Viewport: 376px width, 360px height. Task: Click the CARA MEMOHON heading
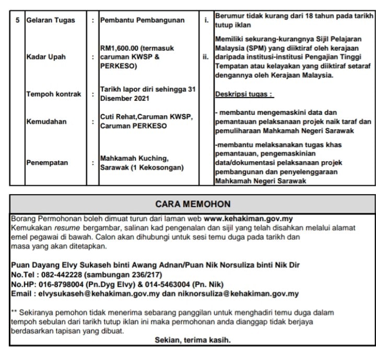point(193,203)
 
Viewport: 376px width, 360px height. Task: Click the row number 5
point(18,20)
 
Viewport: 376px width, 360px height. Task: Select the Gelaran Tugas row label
point(50,20)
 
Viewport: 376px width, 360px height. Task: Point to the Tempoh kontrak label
point(54,94)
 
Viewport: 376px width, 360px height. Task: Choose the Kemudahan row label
point(46,122)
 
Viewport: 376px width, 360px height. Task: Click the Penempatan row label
point(48,162)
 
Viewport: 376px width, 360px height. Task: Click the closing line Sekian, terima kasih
point(193,340)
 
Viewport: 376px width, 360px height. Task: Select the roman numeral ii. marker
point(206,58)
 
